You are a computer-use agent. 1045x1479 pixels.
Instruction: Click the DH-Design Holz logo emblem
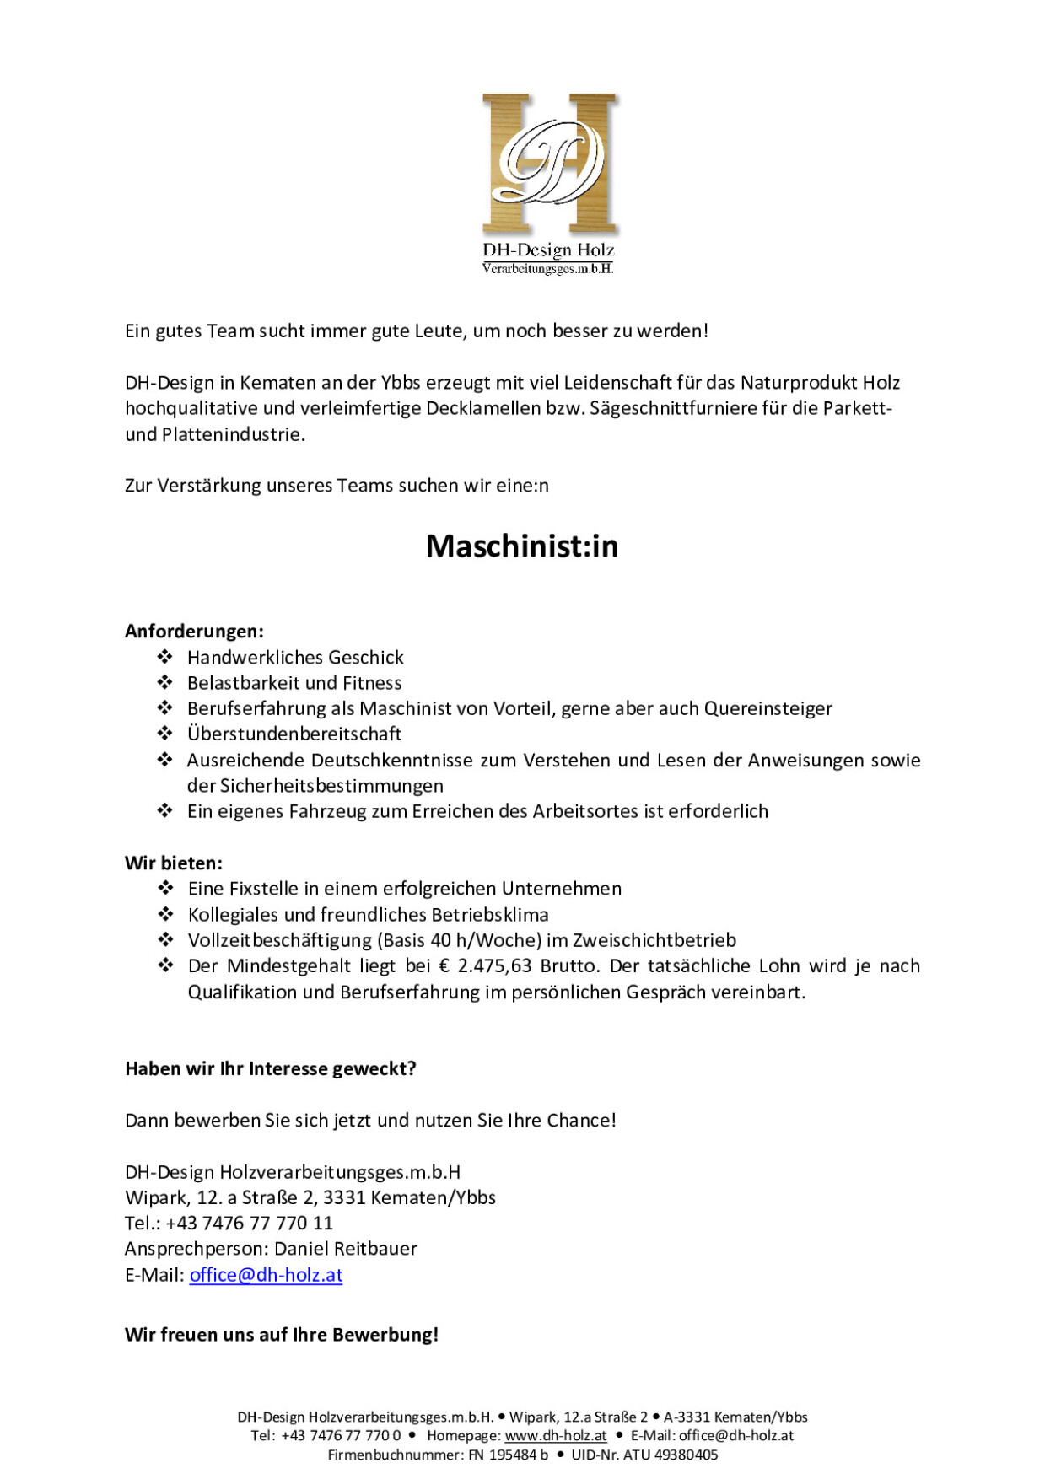coord(549,164)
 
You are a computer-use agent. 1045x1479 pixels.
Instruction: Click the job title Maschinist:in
coord(522,546)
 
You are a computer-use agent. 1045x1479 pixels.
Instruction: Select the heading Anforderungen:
coord(194,631)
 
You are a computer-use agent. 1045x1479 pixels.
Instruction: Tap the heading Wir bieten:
coord(174,863)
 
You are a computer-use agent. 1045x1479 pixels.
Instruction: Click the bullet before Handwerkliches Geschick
coord(165,657)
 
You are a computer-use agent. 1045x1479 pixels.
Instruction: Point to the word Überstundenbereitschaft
coord(294,734)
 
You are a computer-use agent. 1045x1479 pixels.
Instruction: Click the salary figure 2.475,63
coord(494,965)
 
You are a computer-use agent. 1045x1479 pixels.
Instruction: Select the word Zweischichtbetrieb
coord(654,940)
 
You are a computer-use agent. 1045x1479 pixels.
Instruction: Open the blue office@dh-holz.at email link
coord(266,1274)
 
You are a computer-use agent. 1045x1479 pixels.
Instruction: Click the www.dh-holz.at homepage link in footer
coord(556,1435)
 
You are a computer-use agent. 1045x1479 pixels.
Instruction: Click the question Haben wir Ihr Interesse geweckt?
coord(271,1068)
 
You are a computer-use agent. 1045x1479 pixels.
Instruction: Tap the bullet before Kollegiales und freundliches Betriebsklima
coord(166,914)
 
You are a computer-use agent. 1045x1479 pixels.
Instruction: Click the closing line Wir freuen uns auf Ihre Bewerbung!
coord(282,1334)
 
